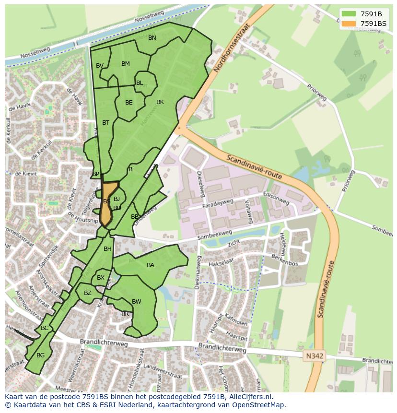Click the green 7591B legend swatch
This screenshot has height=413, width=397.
349,14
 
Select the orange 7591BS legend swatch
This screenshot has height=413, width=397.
349,24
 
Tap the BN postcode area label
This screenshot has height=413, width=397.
152,38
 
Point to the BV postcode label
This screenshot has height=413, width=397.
100,66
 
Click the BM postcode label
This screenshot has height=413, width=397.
126,64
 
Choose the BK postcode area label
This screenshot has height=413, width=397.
160,102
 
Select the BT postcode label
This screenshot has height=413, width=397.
105,123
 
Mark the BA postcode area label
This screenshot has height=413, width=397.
151,265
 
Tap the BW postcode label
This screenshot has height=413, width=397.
137,302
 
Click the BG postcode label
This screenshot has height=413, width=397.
40,355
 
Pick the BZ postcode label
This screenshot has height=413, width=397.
88,293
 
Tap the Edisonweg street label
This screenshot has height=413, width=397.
276,198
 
